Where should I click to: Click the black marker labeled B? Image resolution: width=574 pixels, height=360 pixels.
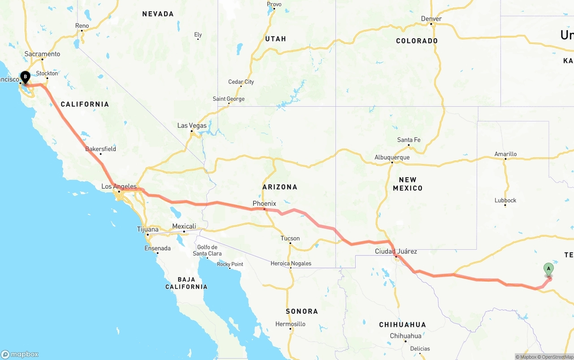(25, 77)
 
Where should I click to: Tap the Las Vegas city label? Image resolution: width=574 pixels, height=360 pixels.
(192, 126)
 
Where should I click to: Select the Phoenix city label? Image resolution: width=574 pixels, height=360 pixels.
(264, 204)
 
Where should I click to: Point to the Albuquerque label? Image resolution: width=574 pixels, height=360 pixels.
(392, 157)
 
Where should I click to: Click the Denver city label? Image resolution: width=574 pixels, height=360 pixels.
(431, 19)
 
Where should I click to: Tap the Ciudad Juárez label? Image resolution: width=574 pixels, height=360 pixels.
(396, 252)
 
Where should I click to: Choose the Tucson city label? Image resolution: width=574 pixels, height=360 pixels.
(290, 239)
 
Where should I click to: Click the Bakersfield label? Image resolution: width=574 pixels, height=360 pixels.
(100, 149)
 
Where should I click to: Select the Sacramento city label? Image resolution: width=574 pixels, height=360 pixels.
(42, 54)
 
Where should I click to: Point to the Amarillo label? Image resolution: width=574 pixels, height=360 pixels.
(505, 154)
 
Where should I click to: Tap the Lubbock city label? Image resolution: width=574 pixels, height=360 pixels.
(505, 200)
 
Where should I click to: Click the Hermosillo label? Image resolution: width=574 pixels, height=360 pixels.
(290, 324)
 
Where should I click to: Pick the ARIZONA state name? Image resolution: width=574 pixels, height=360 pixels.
(280, 187)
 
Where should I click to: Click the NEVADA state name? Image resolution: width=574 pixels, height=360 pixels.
(158, 14)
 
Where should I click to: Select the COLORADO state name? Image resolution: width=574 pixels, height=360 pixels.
(417, 41)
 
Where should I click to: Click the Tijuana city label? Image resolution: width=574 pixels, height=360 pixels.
(148, 230)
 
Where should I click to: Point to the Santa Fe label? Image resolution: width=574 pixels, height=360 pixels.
(409, 140)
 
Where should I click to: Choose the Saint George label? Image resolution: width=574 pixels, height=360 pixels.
(229, 99)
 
